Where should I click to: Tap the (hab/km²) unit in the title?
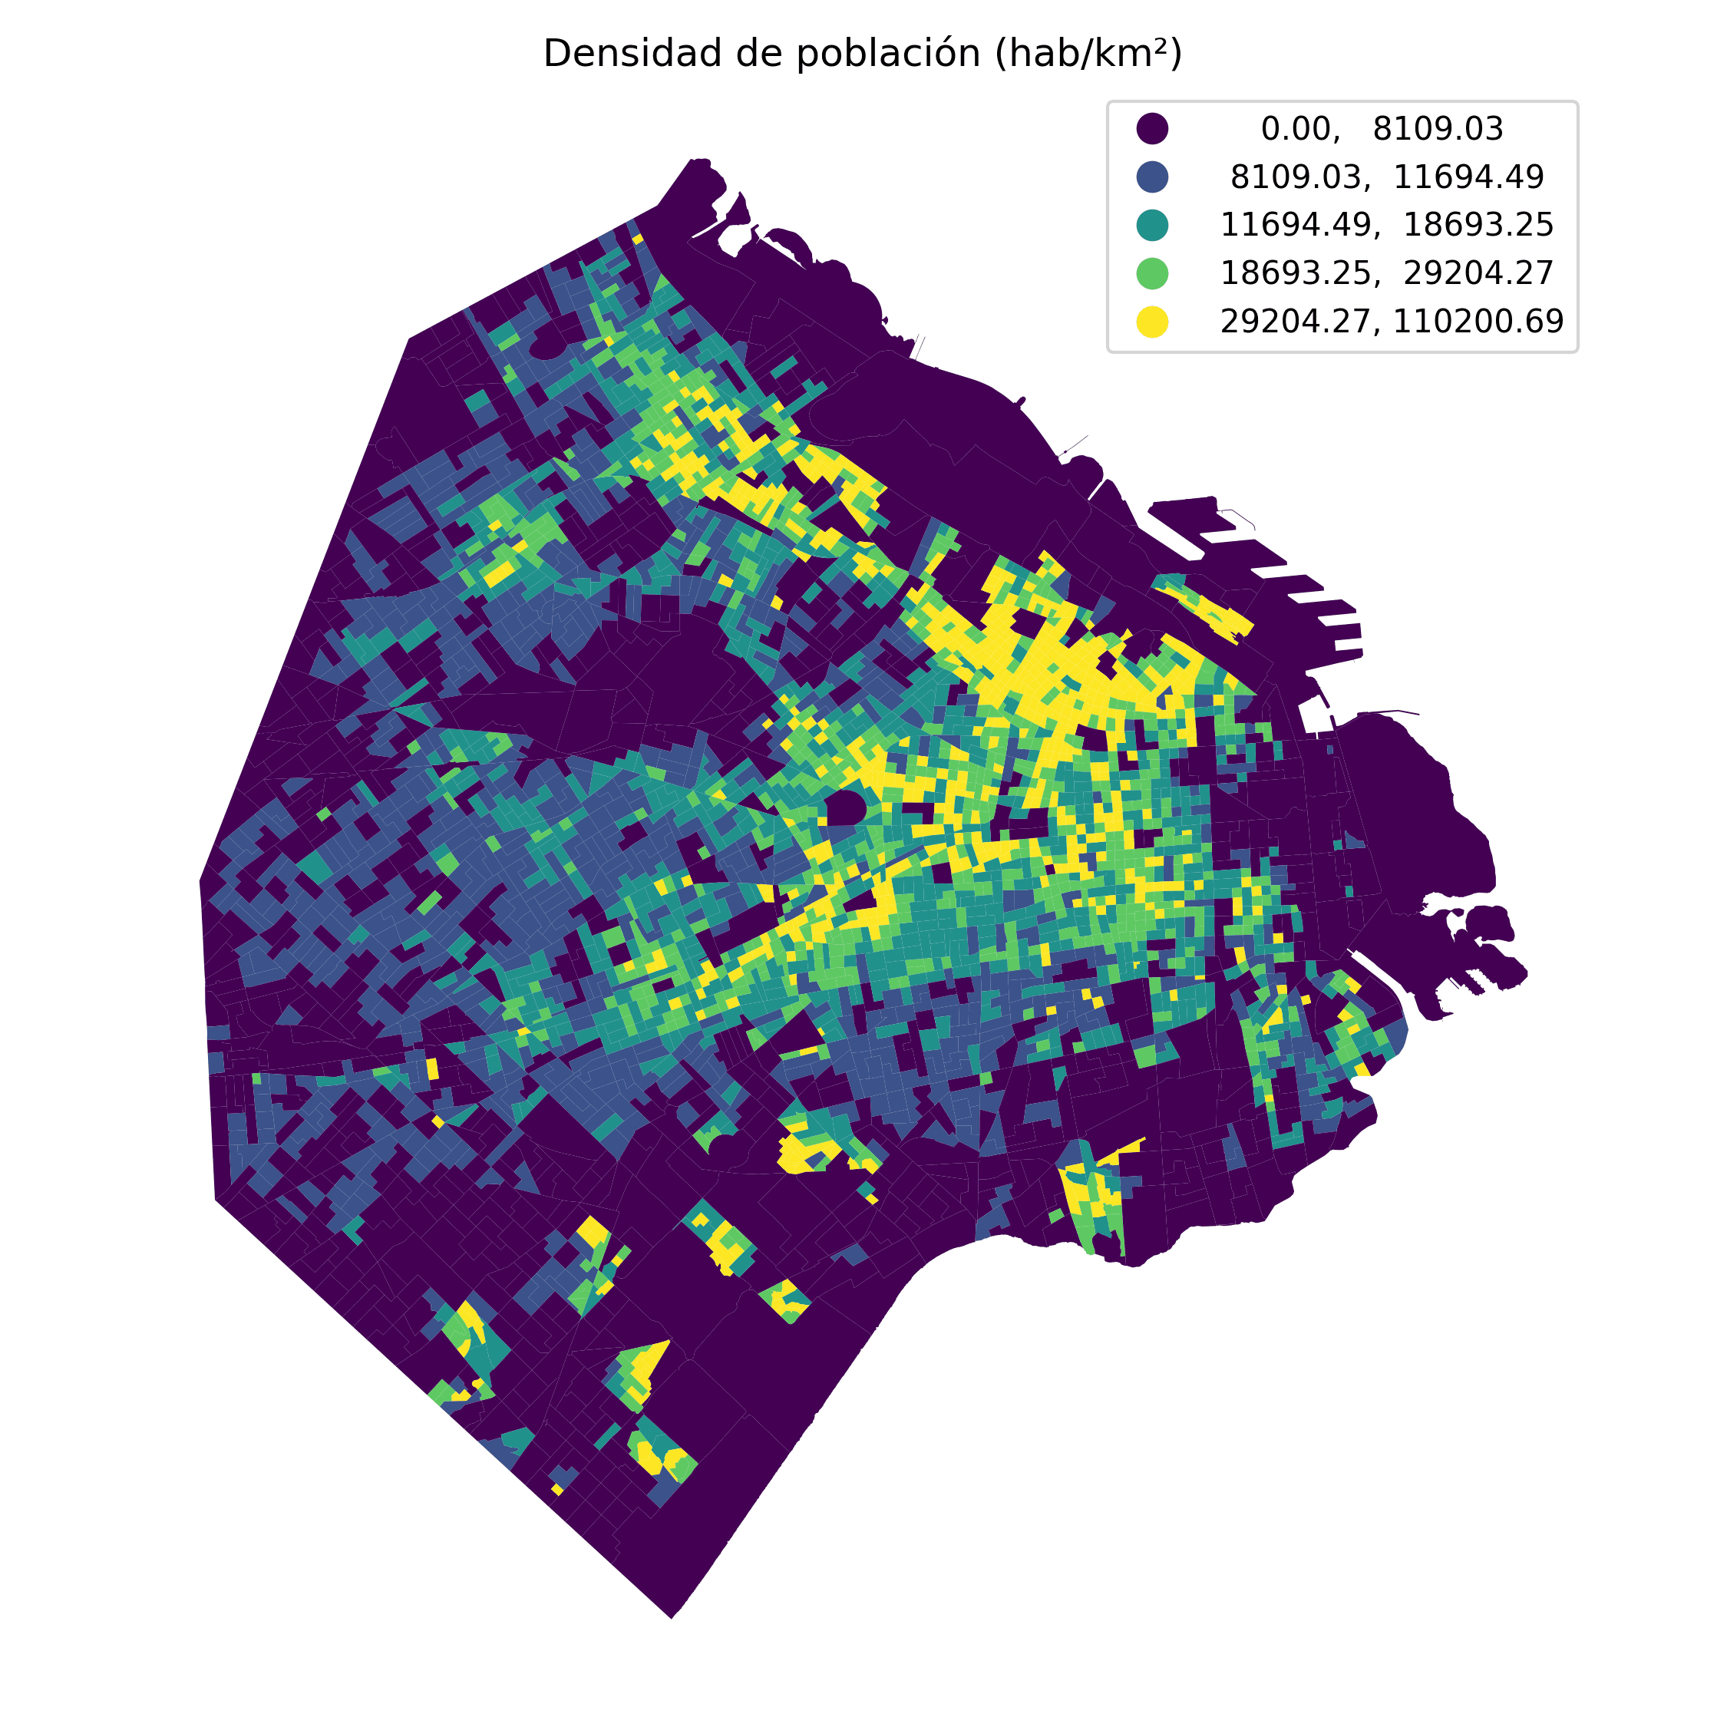[1088, 54]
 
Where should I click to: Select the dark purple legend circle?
[1152, 129]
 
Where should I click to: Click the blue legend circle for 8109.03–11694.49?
[1152, 176]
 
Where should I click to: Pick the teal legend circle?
[1152, 224]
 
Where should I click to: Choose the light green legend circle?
[1152, 272]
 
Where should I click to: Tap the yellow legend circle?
[1152, 321]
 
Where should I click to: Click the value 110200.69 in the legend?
[1478, 321]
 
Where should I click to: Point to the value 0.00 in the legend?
[1299, 129]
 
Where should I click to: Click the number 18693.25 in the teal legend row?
[1478, 224]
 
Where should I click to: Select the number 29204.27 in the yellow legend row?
[1294, 321]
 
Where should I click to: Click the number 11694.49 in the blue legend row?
[1468, 176]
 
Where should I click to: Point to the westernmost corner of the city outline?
[200, 880]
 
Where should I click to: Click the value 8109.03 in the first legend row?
[1438, 129]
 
